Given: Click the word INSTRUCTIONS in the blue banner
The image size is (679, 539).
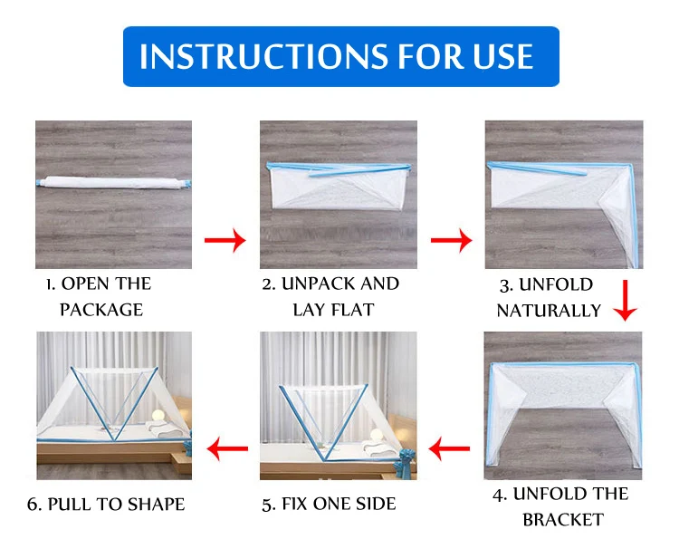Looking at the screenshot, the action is pyautogui.click(x=264, y=57).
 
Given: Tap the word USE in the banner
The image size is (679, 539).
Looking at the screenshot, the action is pyautogui.click(x=502, y=57).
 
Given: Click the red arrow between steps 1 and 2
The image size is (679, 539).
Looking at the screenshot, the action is pyautogui.click(x=225, y=240).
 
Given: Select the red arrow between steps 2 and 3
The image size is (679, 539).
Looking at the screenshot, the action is pyautogui.click(x=451, y=240).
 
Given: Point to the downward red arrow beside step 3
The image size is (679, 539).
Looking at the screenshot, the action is pyautogui.click(x=625, y=300).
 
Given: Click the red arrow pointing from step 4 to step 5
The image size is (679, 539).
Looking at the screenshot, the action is pyautogui.click(x=449, y=448).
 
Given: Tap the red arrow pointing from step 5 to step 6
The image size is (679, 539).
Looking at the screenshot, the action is pyautogui.click(x=228, y=448).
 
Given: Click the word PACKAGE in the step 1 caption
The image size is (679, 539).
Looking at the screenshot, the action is pyautogui.click(x=101, y=310).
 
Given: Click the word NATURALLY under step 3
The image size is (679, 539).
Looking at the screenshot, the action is pyautogui.click(x=549, y=311).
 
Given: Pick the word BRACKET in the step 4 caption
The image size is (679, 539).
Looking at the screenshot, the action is pyautogui.click(x=563, y=519).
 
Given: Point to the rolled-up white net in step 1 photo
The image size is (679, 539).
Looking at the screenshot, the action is pyautogui.click(x=113, y=182).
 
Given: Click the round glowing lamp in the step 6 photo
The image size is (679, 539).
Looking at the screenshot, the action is pyautogui.click(x=158, y=415).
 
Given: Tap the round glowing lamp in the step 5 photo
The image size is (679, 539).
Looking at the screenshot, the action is pyautogui.click(x=377, y=435).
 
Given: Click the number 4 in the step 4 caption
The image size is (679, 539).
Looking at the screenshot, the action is pyautogui.click(x=499, y=495).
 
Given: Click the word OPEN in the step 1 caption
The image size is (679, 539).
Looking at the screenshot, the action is pyautogui.click(x=85, y=284).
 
